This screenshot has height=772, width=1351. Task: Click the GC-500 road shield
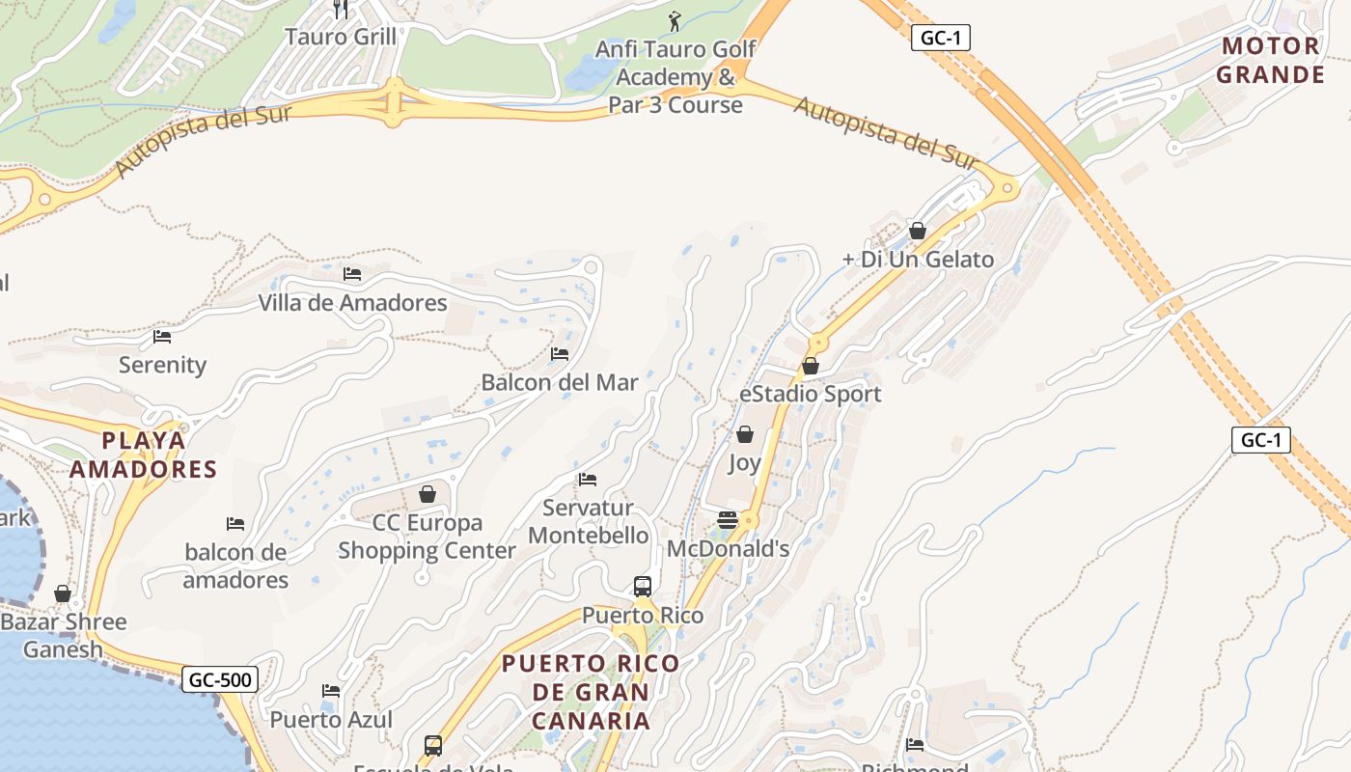220,679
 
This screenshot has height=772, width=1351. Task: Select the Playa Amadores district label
158,455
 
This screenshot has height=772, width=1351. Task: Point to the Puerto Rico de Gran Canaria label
591,692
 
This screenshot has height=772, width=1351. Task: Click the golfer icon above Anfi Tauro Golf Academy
675,20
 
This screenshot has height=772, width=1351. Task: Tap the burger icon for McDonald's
728,520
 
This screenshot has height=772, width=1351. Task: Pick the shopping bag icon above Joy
744,434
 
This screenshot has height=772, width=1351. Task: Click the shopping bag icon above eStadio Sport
811,366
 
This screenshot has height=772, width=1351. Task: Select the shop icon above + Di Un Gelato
918,231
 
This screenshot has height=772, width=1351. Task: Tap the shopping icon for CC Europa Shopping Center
427,494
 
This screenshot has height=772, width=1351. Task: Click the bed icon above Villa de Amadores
352,274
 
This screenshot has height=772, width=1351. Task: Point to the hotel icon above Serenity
162,337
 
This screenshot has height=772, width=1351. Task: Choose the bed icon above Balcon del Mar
559,354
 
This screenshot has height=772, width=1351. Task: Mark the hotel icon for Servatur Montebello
587,479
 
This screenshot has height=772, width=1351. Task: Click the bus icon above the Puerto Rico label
643,586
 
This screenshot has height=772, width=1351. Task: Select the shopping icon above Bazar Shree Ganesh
63,593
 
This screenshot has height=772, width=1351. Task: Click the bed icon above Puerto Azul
331,691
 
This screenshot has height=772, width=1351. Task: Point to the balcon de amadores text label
235,566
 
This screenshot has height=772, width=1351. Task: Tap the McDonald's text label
728,549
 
